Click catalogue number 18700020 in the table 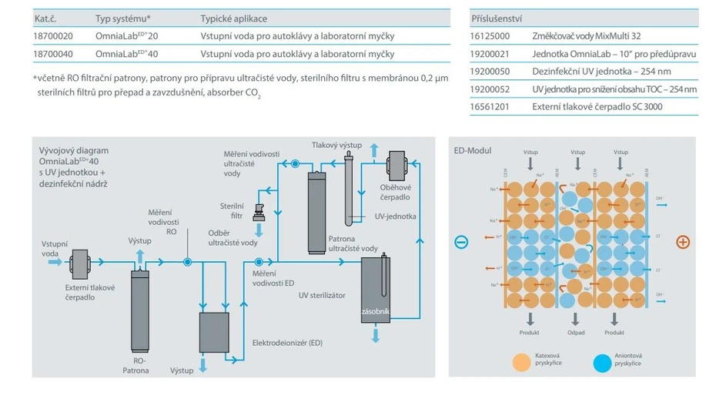(x=53, y=35)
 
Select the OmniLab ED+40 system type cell (x=129, y=54)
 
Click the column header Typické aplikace (x=234, y=18)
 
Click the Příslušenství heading (x=497, y=18)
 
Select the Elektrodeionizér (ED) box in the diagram (x=215, y=332)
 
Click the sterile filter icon (x=259, y=210)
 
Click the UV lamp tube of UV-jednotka (x=350, y=189)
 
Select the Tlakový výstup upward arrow (x=374, y=151)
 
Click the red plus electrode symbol (x=681, y=243)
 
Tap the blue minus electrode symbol (x=460, y=243)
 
